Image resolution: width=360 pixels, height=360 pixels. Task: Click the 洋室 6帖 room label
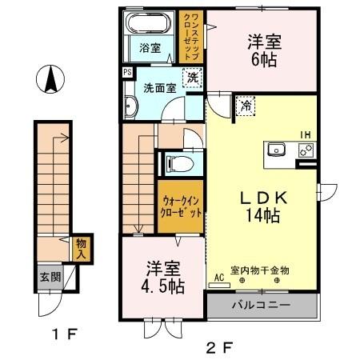(x=262, y=50)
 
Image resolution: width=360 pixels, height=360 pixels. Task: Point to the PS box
(x=127, y=72)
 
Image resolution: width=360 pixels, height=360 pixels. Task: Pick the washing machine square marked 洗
(x=192, y=78)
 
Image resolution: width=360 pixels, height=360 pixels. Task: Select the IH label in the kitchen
(x=305, y=134)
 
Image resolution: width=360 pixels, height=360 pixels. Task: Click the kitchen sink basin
(x=278, y=149)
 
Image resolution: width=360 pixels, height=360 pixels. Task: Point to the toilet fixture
(x=179, y=163)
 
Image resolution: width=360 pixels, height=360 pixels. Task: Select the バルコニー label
(x=262, y=305)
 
